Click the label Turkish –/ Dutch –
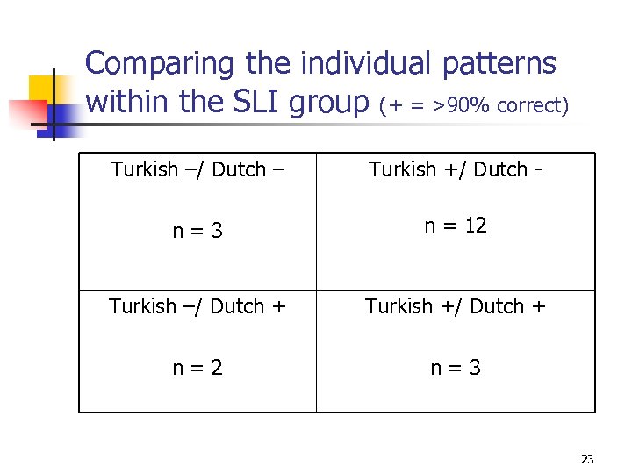click(x=197, y=169)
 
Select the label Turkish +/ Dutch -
click(x=455, y=169)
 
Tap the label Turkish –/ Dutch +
click(x=197, y=306)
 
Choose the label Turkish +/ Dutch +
click(x=455, y=306)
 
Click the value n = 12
click(x=455, y=226)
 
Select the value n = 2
click(x=197, y=368)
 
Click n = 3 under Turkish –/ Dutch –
click(x=197, y=232)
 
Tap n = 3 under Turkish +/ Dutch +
click(x=455, y=368)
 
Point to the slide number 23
click(x=587, y=459)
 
